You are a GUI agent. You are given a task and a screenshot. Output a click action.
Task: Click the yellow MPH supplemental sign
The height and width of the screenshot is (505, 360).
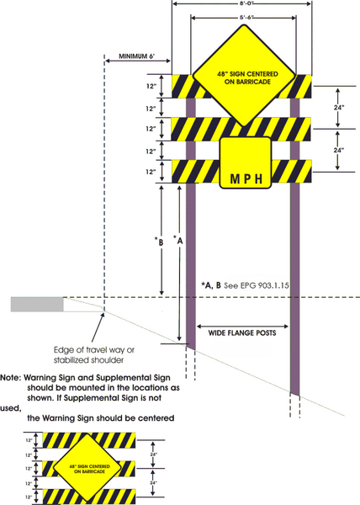click(x=245, y=161)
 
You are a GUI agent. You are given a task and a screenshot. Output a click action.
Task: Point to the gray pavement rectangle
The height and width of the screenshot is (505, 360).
click(x=37, y=304)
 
